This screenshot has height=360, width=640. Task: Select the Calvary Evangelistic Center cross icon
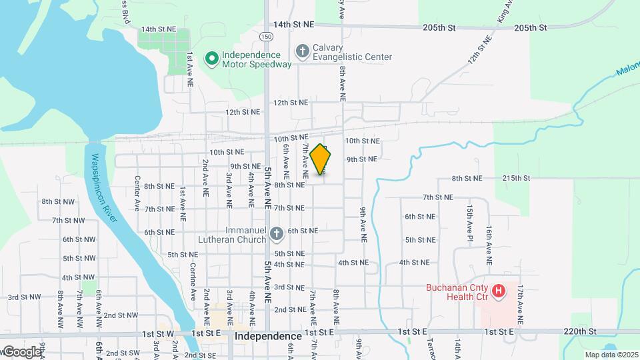coord(302,51)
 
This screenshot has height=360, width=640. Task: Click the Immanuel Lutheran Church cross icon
coord(276,233)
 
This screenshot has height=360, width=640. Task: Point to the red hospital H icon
coord(497,291)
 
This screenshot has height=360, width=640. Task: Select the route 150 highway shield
coord(266,36)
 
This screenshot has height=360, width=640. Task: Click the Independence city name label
coord(268,337)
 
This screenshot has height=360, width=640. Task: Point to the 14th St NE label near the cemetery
coord(158,29)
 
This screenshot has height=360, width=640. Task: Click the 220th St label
coord(580,331)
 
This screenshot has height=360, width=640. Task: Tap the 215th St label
coord(516,178)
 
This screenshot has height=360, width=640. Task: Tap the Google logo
coord(21,351)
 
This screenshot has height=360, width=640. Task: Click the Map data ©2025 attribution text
coord(611,355)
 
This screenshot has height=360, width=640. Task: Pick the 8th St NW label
coord(57,201)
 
